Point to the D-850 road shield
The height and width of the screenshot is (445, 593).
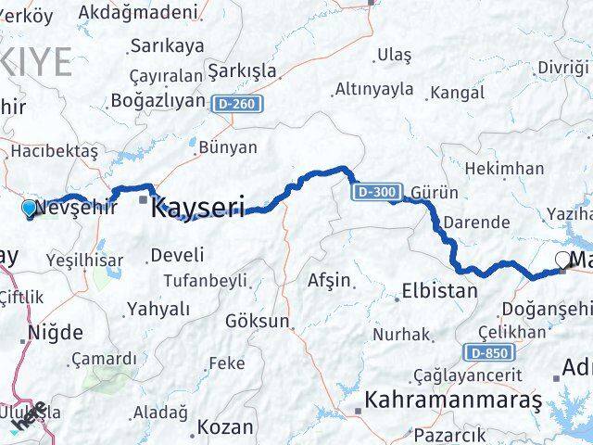pyautogui.click(x=485, y=352)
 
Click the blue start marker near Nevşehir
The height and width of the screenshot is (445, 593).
pyautogui.click(x=29, y=209)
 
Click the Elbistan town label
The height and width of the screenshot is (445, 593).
pyautogui.click(x=439, y=291)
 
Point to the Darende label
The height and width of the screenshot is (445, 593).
pyautogui.click(x=475, y=222)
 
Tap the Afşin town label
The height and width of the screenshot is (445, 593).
pyautogui.click(x=329, y=279)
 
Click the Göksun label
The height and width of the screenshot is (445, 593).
pyautogui.click(x=257, y=322)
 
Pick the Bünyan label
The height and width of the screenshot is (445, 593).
pyautogui.click(x=228, y=146)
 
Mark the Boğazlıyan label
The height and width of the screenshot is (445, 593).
pyautogui.click(x=157, y=100)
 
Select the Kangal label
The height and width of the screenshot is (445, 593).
pyautogui.click(x=458, y=93)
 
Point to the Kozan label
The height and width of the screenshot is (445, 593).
pyautogui.click(x=225, y=427)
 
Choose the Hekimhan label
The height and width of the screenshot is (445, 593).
pyautogui.click(x=504, y=168)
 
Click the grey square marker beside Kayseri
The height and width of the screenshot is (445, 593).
pyautogui.click(x=143, y=198)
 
